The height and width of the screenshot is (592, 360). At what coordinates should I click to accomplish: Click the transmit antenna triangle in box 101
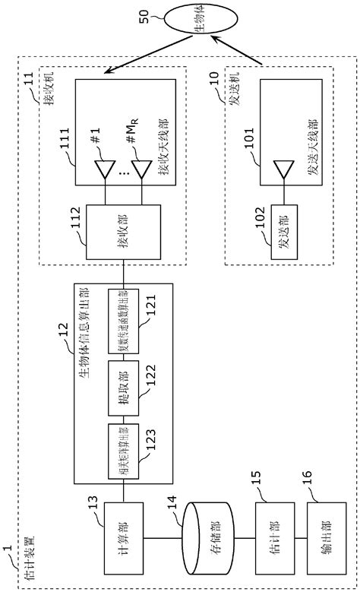(x=282, y=166)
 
